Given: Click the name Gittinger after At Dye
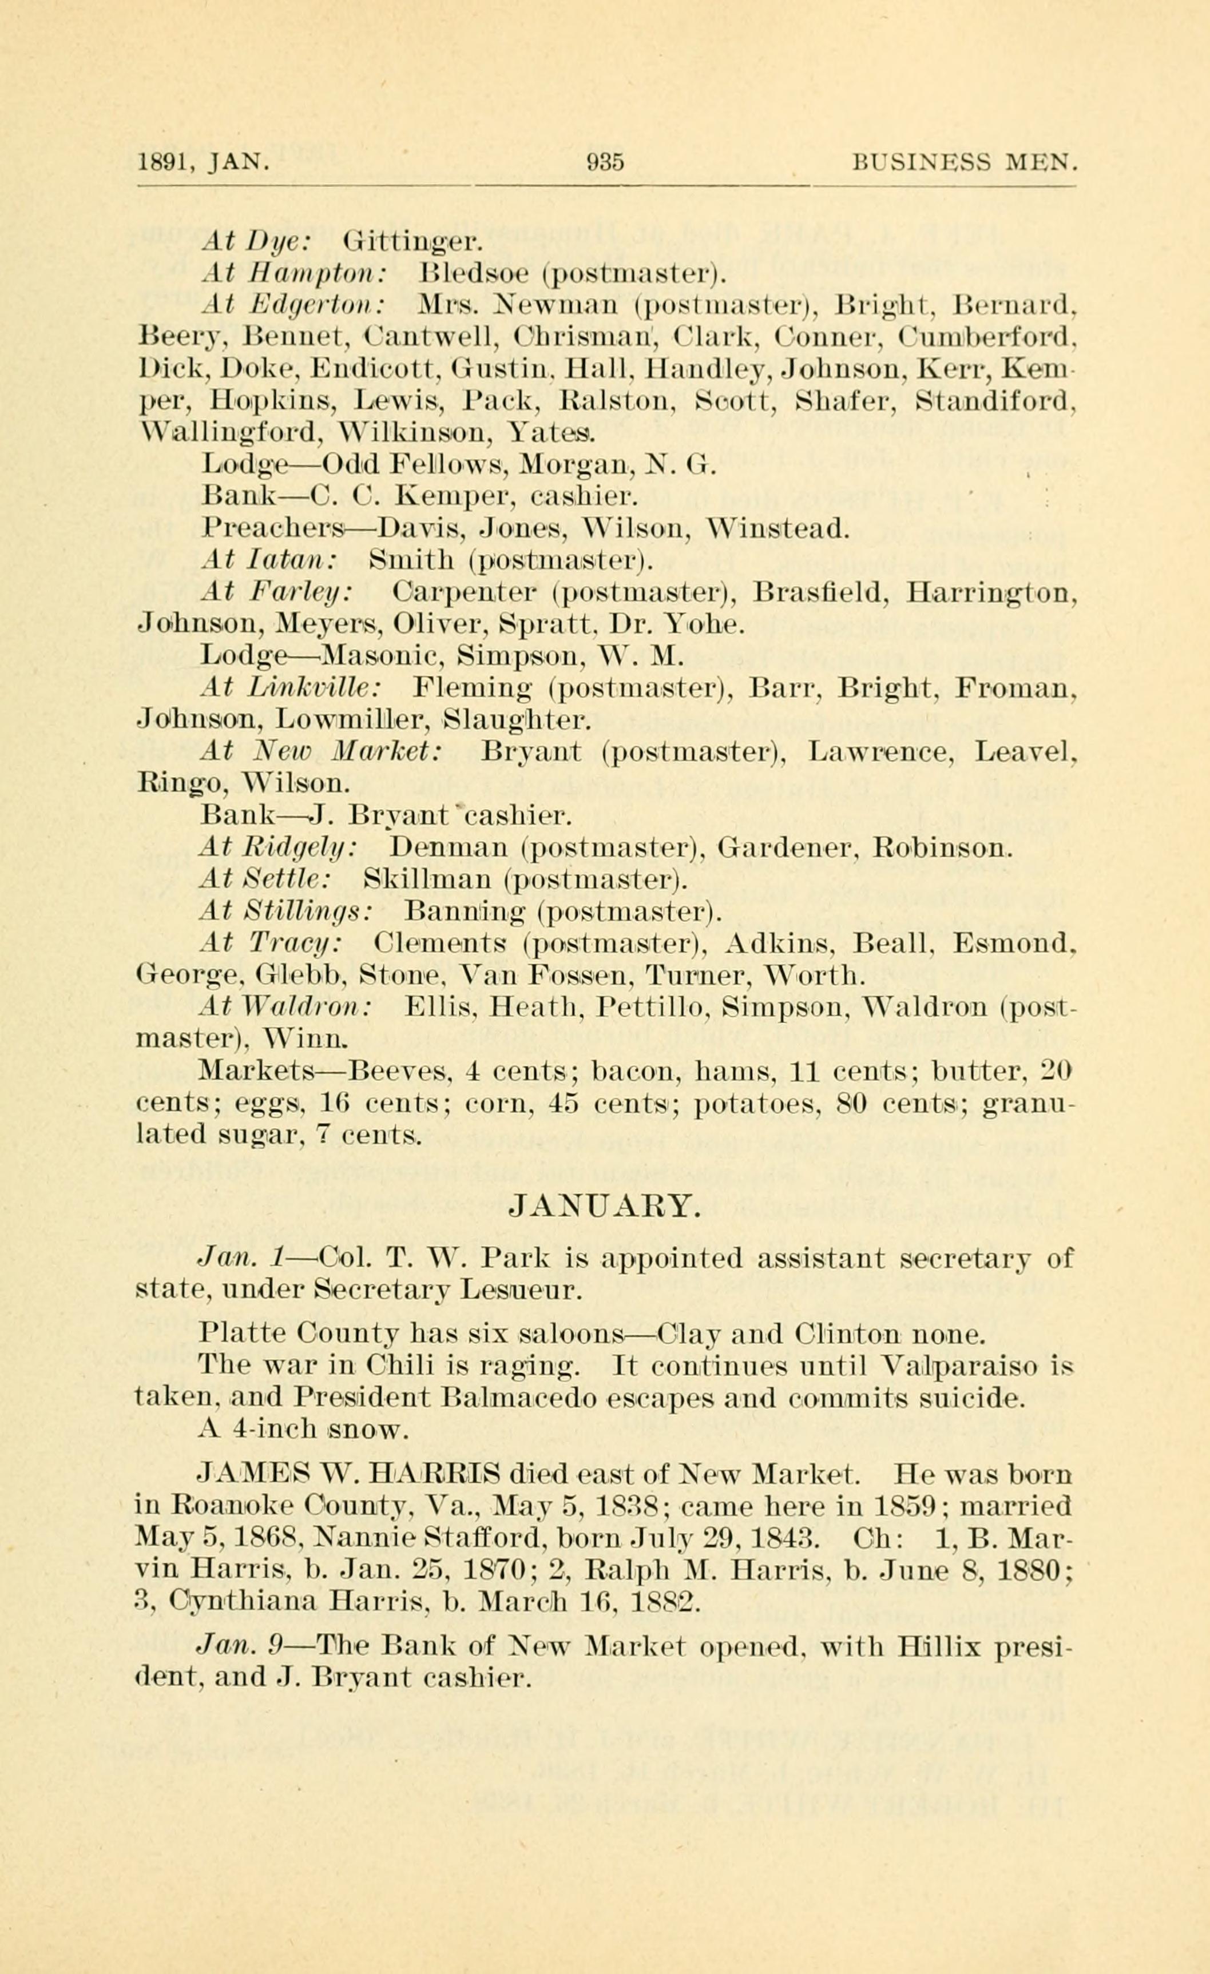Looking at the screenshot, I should [x=410, y=241].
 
